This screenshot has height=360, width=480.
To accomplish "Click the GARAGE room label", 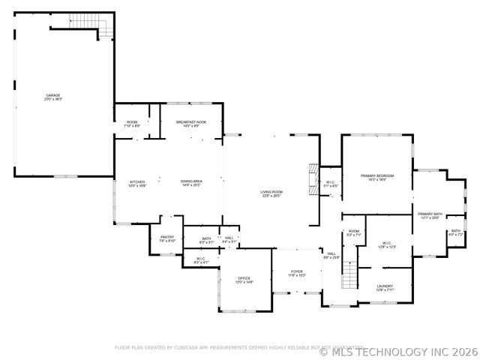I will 53,97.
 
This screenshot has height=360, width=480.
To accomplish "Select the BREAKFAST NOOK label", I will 191,123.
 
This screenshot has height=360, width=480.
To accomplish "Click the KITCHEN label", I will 137,182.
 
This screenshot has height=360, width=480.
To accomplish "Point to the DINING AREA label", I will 191,182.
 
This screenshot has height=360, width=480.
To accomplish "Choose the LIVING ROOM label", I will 271,193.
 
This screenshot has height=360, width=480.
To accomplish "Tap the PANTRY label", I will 167,238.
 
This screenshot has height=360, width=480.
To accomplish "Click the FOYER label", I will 297,273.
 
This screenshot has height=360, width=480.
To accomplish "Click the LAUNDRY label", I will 385,286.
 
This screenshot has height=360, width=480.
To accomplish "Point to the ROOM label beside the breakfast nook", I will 132,123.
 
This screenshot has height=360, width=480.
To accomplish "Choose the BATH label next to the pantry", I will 206,240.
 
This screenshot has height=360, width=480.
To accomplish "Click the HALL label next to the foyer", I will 331,255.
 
